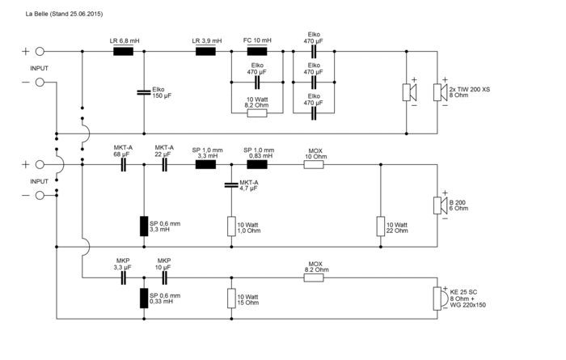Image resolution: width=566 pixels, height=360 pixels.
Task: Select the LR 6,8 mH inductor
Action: click(124, 51)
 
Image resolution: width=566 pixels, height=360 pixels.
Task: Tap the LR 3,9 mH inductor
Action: click(205, 51)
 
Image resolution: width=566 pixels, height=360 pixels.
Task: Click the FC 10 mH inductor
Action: click(257, 51)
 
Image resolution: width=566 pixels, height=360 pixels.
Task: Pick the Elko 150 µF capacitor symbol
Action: click(144, 90)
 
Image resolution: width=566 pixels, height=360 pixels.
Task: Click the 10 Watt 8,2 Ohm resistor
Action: click(257, 112)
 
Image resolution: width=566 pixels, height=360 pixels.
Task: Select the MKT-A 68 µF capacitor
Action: click(124, 164)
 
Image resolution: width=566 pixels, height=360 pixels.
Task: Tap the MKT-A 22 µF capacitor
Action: click(164, 164)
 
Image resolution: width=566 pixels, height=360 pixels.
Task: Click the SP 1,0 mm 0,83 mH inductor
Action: click(257, 164)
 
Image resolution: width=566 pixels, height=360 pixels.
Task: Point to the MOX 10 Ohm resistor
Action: click(315, 164)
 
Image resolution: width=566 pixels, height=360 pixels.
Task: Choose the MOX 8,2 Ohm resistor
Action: click(315, 278)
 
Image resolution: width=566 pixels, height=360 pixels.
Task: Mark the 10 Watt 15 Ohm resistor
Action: click(231, 299)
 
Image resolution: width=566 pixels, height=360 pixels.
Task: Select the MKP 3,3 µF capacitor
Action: click(124, 278)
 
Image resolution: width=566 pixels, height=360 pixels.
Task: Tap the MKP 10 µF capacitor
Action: click(164, 278)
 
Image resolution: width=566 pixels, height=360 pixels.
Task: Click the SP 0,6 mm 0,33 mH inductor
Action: click(144, 299)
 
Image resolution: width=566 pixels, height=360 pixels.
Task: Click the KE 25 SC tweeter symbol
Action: click(440, 299)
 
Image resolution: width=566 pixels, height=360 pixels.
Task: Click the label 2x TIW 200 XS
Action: click(470, 89)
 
